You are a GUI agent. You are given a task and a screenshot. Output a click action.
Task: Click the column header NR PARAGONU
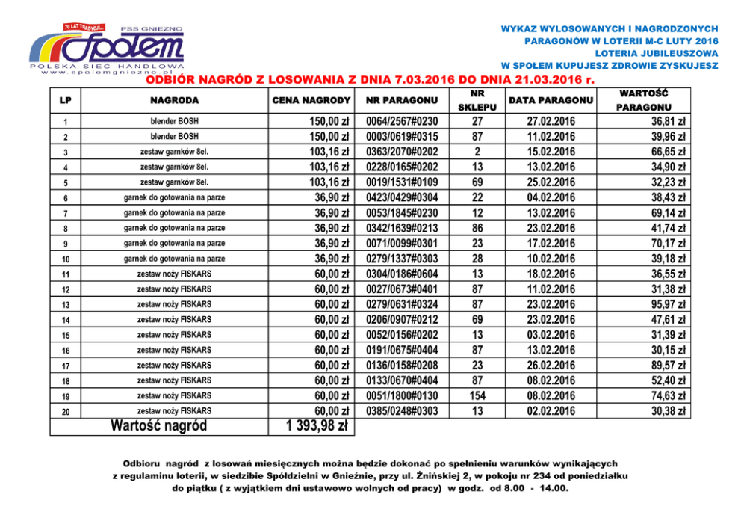[x=402, y=100]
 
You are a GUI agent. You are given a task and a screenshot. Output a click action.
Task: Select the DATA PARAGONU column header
[x=550, y=100]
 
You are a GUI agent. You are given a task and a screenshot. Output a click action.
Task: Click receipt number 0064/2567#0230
[x=402, y=122]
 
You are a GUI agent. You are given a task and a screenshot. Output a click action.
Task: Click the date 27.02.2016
[x=550, y=122]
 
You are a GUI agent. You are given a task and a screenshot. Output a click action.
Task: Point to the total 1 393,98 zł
[x=317, y=426]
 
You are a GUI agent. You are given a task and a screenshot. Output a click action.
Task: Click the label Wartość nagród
[x=158, y=426]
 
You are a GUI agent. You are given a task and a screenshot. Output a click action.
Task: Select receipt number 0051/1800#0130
[x=402, y=395]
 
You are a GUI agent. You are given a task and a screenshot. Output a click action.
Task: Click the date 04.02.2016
[x=550, y=198]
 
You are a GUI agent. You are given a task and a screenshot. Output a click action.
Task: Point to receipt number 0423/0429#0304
[x=402, y=198]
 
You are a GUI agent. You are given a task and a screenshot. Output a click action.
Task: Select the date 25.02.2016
[x=550, y=182]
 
